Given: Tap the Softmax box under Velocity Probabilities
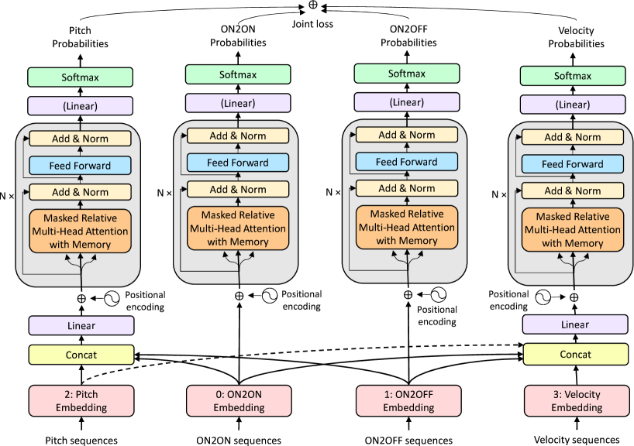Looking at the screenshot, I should click(573, 76).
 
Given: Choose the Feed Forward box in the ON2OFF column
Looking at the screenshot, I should click(406, 162).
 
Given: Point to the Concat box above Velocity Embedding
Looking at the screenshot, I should click(573, 354).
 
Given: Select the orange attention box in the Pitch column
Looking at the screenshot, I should click(78, 231).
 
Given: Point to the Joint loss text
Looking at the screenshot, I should click(312, 23).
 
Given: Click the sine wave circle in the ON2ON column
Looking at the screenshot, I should click(268, 295).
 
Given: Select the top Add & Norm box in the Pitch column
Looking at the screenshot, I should click(78, 139).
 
